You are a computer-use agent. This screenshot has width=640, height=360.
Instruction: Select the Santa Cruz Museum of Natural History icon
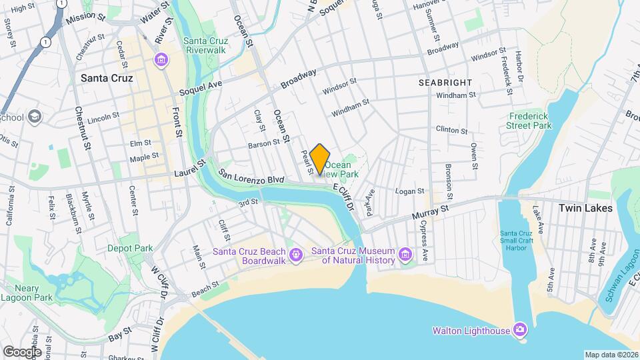point(405,254)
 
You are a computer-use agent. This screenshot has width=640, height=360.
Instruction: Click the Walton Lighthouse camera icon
point(520,330)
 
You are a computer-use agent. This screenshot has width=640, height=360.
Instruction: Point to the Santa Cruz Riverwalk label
point(206,44)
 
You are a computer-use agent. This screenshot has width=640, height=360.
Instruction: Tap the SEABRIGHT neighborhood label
point(445,82)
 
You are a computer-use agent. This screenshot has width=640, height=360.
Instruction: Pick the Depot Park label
point(130,248)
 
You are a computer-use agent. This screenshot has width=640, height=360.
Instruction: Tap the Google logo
point(22,351)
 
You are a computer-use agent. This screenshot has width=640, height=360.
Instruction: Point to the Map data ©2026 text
point(611,355)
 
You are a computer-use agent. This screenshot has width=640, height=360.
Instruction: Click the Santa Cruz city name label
point(107,78)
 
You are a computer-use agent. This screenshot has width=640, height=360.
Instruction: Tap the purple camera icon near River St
point(161,61)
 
